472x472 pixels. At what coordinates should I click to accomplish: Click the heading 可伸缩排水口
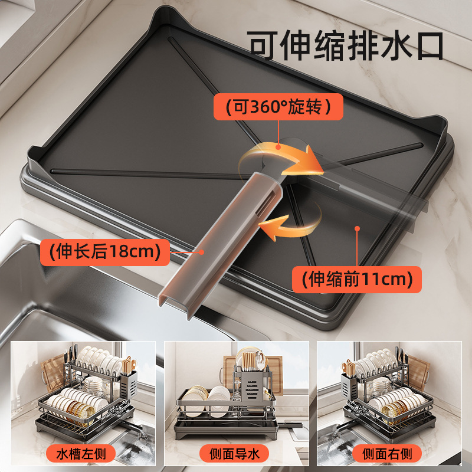click(x=345, y=45)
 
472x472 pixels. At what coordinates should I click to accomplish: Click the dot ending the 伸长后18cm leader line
click(x=202, y=252)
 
